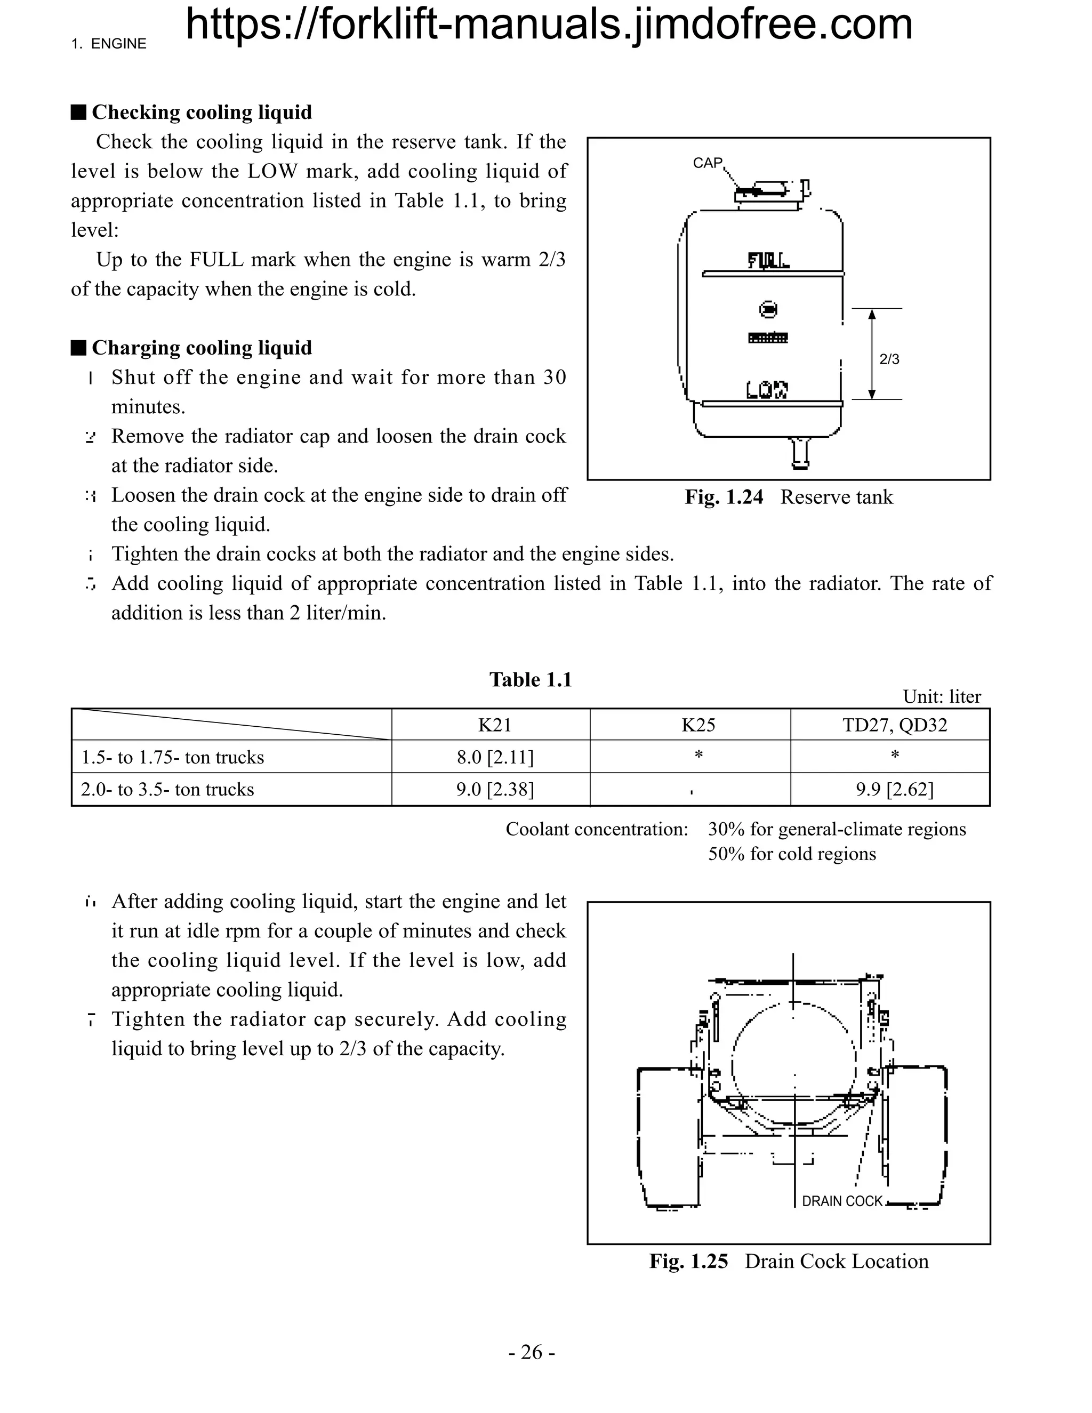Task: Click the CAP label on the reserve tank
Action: [707, 163]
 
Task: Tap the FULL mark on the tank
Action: [768, 261]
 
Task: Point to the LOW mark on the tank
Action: [767, 389]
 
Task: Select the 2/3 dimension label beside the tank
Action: [889, 359]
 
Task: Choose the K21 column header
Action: [494, 725]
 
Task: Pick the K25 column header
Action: [698, 725]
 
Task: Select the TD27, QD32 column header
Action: [894, 725]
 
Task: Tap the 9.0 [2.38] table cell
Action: [495, 789]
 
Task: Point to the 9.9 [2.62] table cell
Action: [894, 789]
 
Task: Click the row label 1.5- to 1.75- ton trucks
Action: [172, 757]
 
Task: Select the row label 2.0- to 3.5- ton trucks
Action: [167, 789]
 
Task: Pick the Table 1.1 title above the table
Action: [531, 679]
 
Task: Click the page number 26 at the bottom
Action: [532, 1352]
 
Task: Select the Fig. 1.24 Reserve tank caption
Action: [789, 497]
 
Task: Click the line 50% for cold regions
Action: [792, 854]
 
